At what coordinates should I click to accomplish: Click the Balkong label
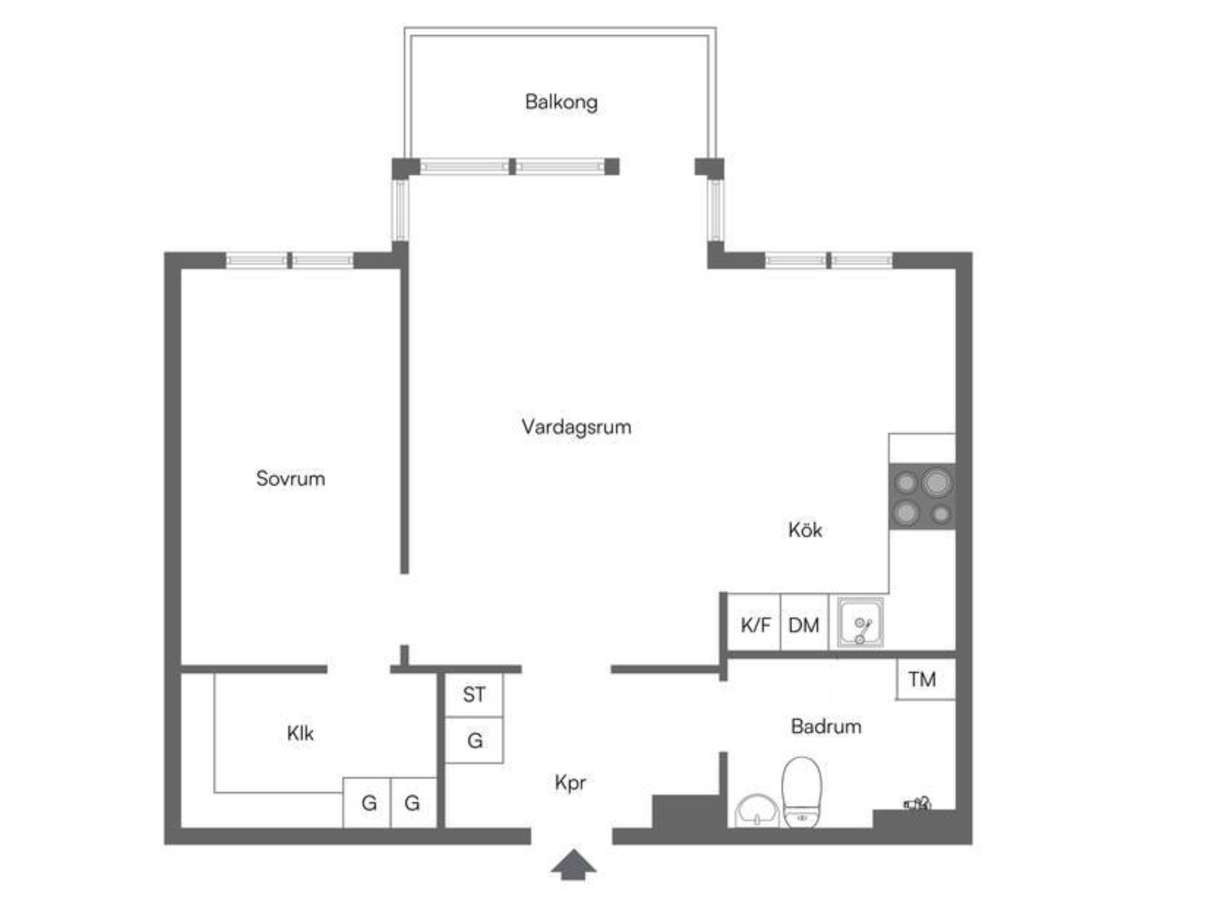click(x=561, y=102)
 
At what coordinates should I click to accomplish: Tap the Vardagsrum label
click(x=576, y=427)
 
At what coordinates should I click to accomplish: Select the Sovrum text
click(x=290, y=479)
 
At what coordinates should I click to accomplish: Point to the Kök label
click(x=804, y=530)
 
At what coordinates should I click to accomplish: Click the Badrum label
click(x=826, y=727)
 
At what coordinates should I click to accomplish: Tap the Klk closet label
click(x=300, y=734)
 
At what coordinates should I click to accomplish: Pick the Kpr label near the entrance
click(x=570, y=783)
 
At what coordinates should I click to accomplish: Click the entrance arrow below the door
click(x=573, y=865)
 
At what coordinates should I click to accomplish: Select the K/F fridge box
click(x=754, y=622)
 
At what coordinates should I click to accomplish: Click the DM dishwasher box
click(x=804, y=622)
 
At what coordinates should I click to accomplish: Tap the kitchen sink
click(x=860, y=623)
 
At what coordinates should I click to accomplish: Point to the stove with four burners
click(x=922, y=497)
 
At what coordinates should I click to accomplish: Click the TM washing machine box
click(x=925, y=680)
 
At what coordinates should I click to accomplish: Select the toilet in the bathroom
click(x=802, y=792)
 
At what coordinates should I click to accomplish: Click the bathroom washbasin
click(x=757, y=811)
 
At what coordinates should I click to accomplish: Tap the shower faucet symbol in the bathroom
click(x=917, y=803)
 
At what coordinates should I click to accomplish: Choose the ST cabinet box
click(x=474, y=695)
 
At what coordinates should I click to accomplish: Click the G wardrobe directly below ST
click(x=474, y=740)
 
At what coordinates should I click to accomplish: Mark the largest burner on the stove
click(x=936, y=483)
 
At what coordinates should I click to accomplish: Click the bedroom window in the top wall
click(x=290, y=260)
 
